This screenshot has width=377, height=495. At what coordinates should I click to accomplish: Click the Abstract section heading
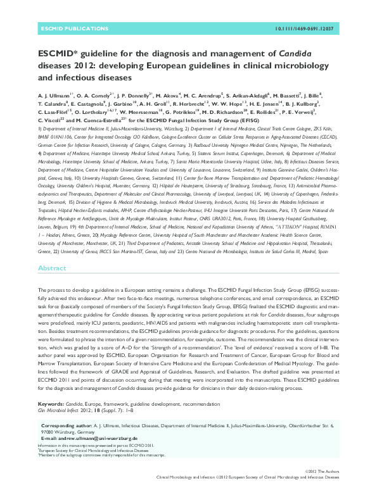tap(52, 268)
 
